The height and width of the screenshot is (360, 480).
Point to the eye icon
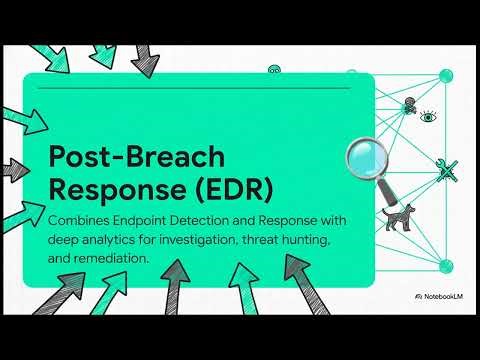click(428, 117)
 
